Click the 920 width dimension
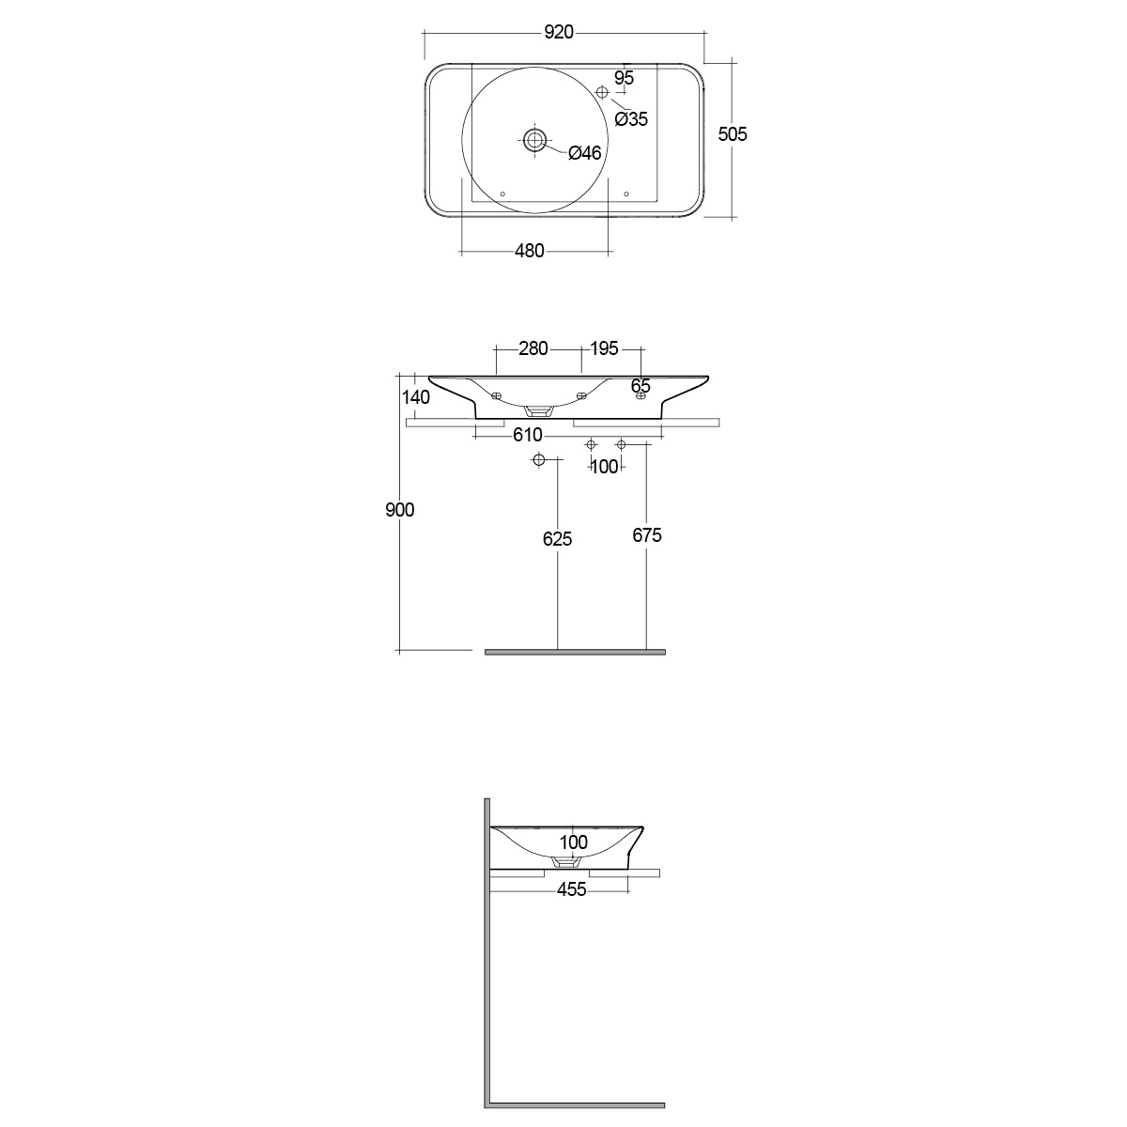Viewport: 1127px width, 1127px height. tap(559, 32)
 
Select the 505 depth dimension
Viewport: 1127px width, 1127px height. tap(733, 134)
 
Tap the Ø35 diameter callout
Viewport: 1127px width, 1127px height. tap(631, 119)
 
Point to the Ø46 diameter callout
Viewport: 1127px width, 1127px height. tap(585, 153)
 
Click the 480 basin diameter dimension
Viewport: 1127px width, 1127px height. tap(530, 251)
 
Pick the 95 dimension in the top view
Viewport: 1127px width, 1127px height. tap(624, 78)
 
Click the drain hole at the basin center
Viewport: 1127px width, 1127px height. tap(534, 140)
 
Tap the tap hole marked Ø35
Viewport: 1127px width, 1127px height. tap(602, 92)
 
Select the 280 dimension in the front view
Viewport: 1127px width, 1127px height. tap(533, 348)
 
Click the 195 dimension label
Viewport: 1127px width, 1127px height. tap(604, 348)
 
